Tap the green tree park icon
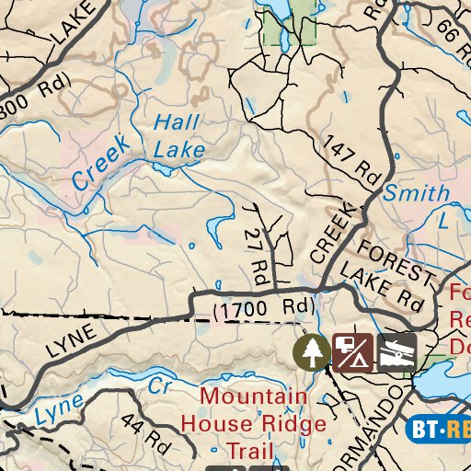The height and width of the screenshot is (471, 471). pos(312,350)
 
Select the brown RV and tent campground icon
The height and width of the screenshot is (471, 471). pos(352,350)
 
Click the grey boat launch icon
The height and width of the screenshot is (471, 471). pos(396,350)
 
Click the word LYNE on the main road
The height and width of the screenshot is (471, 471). pos(71,341)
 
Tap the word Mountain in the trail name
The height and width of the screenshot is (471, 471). pos(254,397)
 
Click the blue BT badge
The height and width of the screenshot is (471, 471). pos(426,429)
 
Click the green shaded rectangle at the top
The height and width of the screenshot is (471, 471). pos(289,22)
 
